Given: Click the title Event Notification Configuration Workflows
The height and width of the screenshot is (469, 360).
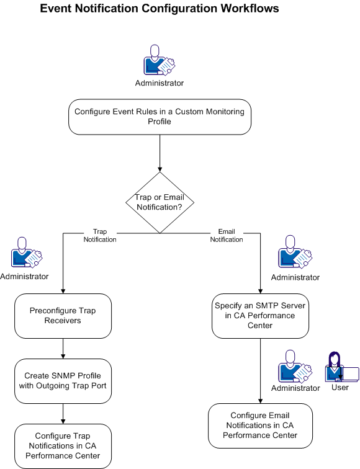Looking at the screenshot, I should (x=160, y=9).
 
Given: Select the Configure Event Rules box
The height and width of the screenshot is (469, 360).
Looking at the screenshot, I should (x=160, y=117).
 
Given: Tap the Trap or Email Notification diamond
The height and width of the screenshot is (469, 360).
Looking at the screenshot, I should (x=160, y=202).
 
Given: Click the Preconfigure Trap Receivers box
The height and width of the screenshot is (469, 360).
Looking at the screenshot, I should (x=63, y=315).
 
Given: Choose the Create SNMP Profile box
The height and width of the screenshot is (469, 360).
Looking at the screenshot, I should (x=63, y=380).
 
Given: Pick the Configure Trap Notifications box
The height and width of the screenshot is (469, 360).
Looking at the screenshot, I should (x=63, y=445).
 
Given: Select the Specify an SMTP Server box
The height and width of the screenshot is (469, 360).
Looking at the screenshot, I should (x=260, y=315).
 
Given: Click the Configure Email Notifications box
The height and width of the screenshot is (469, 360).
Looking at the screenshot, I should (x=260, y=425).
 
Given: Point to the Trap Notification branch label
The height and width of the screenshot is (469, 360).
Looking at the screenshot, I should (x=100, y=236).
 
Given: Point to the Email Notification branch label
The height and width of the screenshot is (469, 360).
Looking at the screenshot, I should (x=227, y=236).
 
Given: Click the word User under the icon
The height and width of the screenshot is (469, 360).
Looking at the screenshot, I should (x=340, y=388).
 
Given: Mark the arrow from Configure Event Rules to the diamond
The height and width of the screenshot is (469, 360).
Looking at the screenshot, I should (x=160, y=153).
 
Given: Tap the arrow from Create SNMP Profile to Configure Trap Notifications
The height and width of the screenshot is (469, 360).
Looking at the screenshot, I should (x=63, y=413).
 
